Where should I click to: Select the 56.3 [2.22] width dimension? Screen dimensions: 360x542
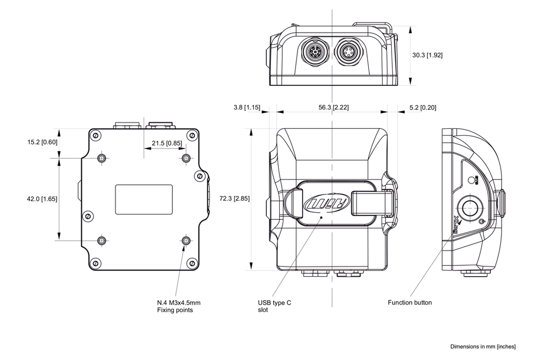pyautogui.click(x=333, y=107)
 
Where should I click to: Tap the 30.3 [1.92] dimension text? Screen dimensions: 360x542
pyautogui.click(x=427, y=55)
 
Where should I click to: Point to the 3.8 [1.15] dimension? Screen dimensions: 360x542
pyautogui.click(x=246, y=107)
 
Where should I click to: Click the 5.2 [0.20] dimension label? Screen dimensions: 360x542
pyautogui.click(x=423, y=107)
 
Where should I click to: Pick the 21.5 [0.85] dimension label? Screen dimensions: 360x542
pyautogui.click(x=163, y=143)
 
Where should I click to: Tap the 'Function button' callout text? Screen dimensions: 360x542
pyautogui.click(x=410, y=303)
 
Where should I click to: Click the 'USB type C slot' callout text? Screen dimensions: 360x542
pyautogui.click(x=275, y=306)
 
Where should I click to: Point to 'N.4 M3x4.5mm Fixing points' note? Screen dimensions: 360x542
pyautogui.click(x=178, y=306)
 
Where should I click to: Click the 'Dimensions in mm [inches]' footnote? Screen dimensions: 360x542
pyautogui.click(x=483, y=347)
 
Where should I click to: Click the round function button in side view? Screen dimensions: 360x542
pyautogui.click(x=469, y=208)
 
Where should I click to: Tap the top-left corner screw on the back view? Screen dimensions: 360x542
pyautogui.click(x=95, y=135)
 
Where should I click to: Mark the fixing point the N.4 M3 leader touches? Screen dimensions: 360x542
pyautogui.click(x=186, y=240)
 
